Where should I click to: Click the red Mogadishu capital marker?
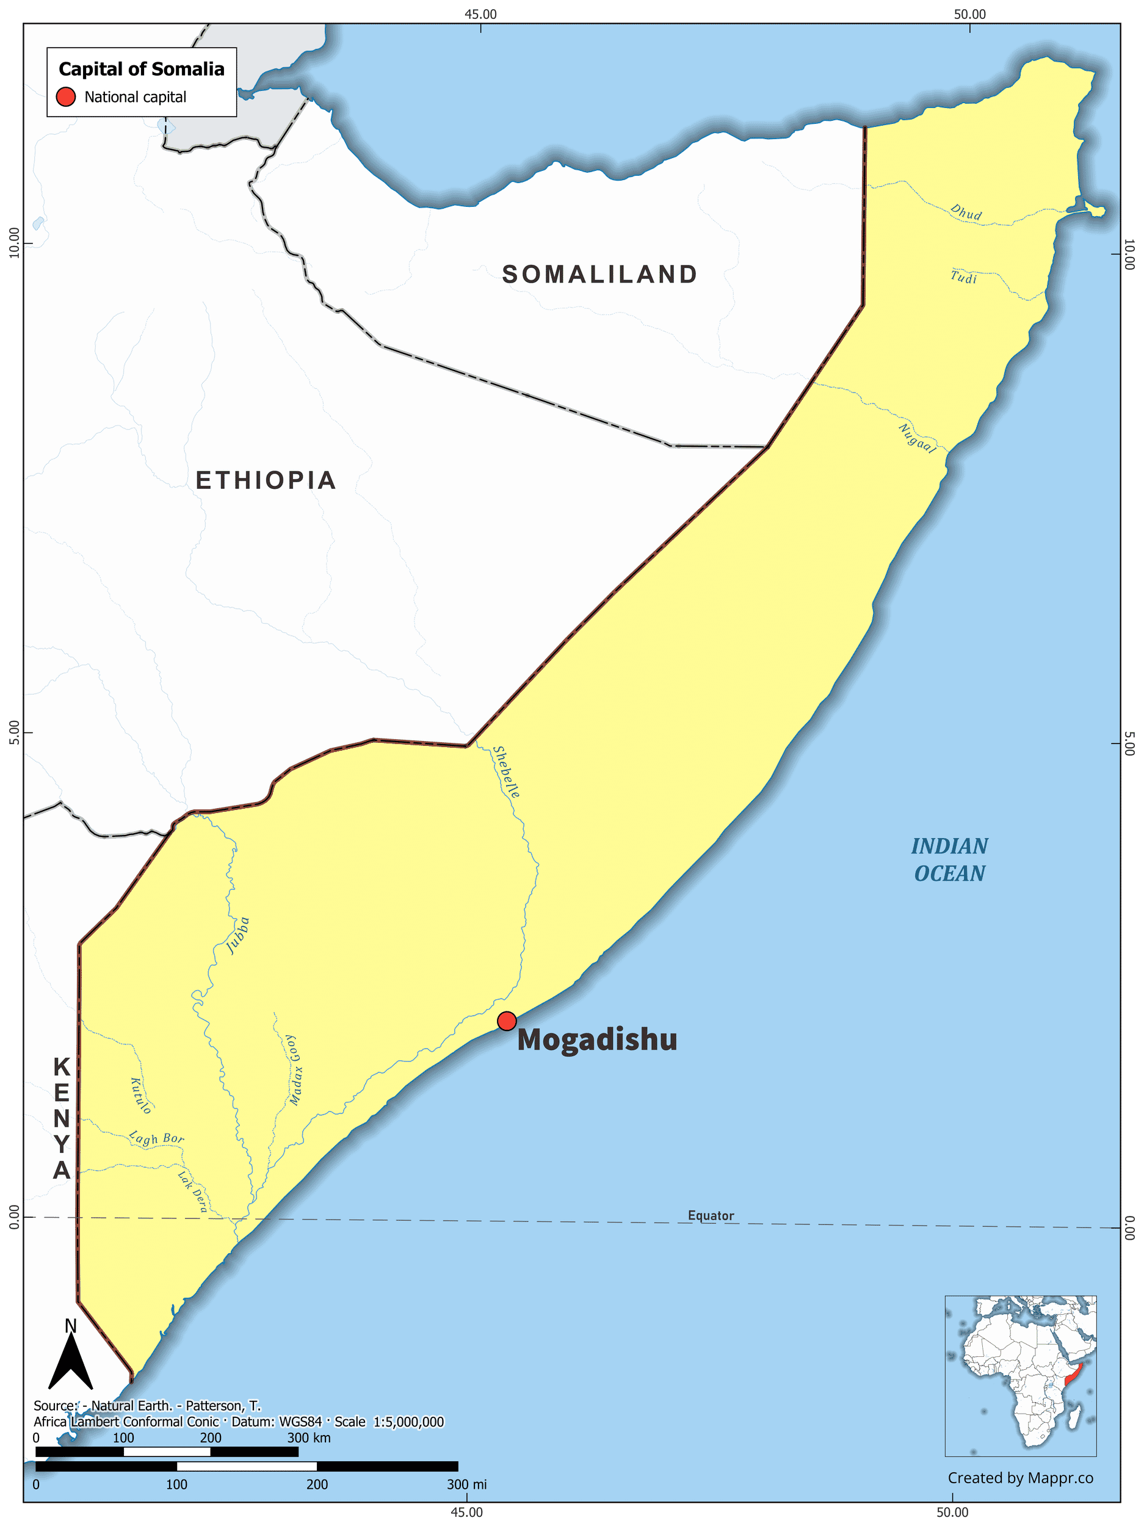click(x=507, y=1021)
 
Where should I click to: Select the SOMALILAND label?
click(x=599, y=275)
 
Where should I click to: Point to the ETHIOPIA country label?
click(x=266, y=480)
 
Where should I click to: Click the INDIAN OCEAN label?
click(x=949, y=859)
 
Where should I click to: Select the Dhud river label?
click(x=965, y=212)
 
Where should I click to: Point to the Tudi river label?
click(x=963, y=277)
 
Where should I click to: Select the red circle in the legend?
click(x=65, y=97)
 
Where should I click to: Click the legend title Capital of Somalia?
click(x=142, y=69)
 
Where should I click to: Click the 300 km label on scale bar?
click(x=308, y=1438)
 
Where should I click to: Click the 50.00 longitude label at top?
click(x=970, y=14)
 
